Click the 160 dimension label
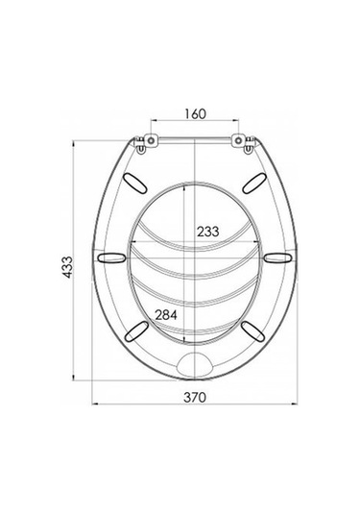(195, 113)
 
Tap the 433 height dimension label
(68, 267)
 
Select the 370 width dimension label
(195, 398)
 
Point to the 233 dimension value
(207, 232)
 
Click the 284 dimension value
(166, 315)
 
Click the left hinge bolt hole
(151, 140)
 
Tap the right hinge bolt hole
(238, 140)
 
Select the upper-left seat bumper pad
(134, 184)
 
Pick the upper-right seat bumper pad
(253, 183)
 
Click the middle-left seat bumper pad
(111, 257)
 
